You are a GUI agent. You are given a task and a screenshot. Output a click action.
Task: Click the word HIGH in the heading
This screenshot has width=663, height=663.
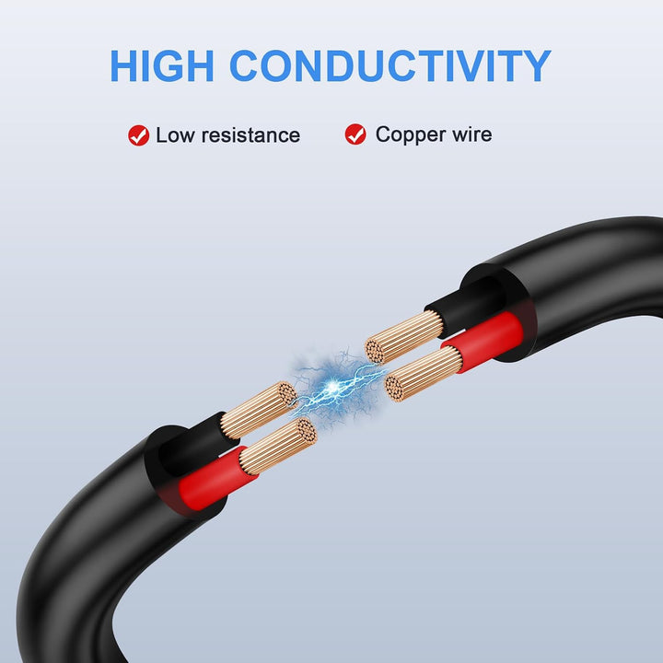click(x=161, y=65)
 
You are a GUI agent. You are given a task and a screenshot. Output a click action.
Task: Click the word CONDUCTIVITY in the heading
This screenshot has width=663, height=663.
click(x=390, y=65)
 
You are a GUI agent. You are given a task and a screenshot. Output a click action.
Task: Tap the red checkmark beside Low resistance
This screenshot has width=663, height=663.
click(x=139, y=135)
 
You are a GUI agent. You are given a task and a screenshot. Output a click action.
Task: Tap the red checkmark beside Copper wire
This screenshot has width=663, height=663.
click(x=355, y=134)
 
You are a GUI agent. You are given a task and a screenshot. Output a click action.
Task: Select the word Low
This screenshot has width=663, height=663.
click(x=176, y=135)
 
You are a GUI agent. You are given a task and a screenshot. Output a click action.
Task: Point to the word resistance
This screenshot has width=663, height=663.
click(x=250, y=135)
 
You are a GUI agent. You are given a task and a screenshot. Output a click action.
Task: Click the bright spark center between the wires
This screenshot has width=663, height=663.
click(x=333, y=385)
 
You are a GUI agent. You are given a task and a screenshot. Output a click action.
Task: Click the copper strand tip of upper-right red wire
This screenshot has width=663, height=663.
click(x=394, y=389)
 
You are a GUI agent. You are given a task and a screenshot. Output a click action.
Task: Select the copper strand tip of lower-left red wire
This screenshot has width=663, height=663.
click(x=306, y=431)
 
